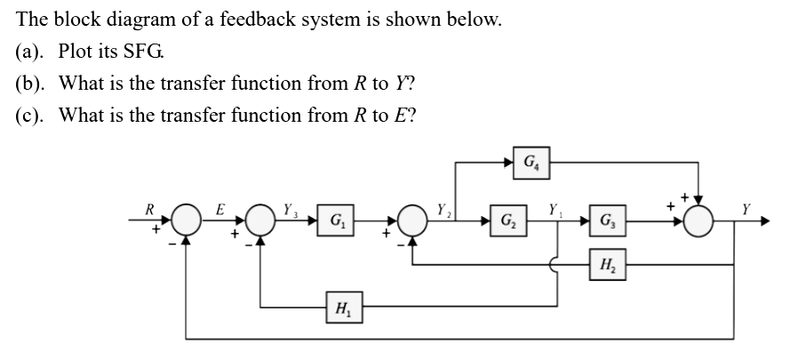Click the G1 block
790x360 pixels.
coord(339,220)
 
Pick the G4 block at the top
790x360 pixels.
coord(530,164)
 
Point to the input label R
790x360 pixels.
coord(152,211)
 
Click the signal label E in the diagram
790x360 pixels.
coord(219,210)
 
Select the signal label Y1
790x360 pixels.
coord(555,211)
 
